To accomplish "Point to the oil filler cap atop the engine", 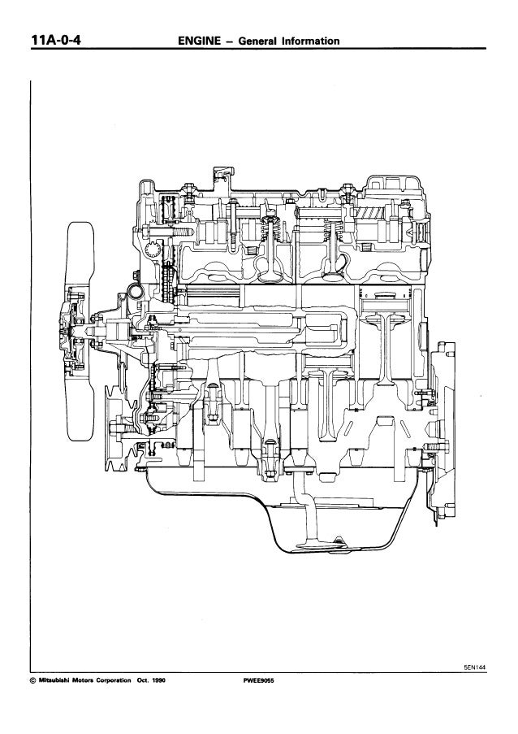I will point(219,173).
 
